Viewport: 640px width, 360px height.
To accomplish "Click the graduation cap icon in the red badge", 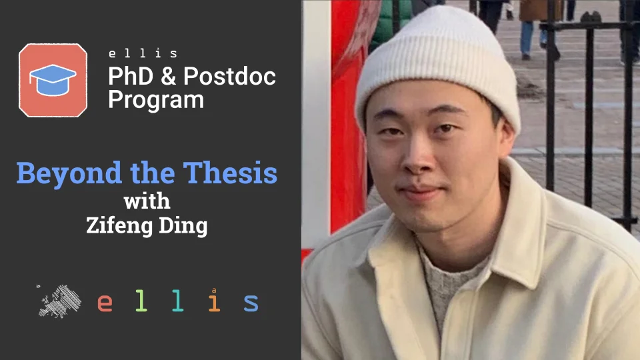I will [x=53, y=80].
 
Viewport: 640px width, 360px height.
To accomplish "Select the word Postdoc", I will [x=229, y=77].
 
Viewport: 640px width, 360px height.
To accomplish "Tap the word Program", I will [x=156, y=100].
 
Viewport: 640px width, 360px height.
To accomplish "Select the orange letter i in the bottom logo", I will [x=214, y=301].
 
